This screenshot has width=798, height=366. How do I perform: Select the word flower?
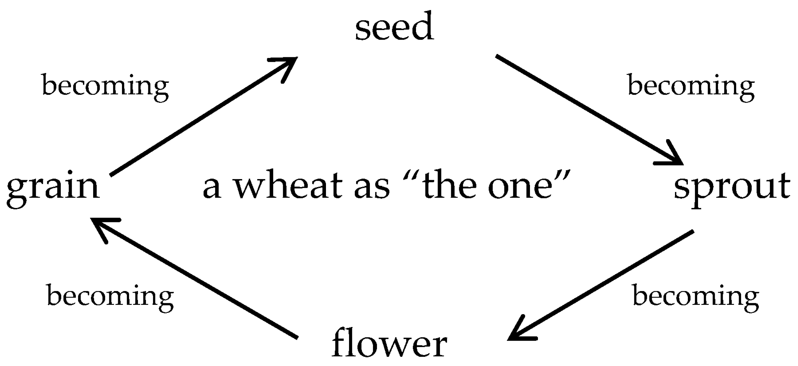coord(389,344)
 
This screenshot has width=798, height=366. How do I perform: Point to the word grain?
coord(53,191)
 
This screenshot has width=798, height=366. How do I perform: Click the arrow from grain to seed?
coord(204,116)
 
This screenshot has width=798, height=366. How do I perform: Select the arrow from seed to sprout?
coord(590,110)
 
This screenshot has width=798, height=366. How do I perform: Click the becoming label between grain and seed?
coord(105,86)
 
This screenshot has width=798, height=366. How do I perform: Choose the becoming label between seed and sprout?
coord(691,86)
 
